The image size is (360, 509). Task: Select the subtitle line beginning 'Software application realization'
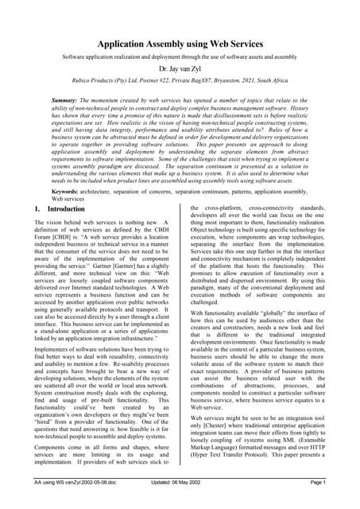point(180,58)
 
